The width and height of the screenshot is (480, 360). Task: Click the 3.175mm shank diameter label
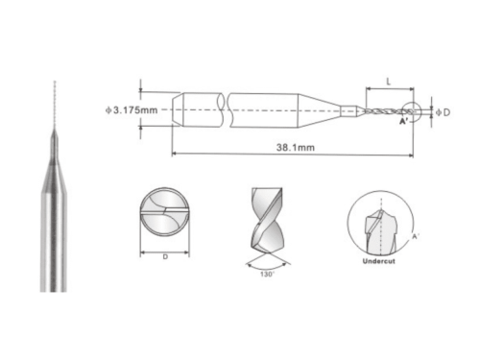coord(132,110)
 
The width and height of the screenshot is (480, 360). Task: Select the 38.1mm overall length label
coord(296,148)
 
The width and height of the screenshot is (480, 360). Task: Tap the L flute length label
coord(389,82)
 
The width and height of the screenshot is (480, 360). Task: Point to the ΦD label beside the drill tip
coord(444,112)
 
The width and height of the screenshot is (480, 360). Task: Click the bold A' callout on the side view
coord(404,121)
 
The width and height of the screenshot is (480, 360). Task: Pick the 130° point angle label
coord(267,275)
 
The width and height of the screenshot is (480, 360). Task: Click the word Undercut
coord(379,261)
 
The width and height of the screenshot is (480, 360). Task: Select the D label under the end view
coord(165,257)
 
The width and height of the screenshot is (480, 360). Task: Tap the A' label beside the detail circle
coord(416,236)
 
